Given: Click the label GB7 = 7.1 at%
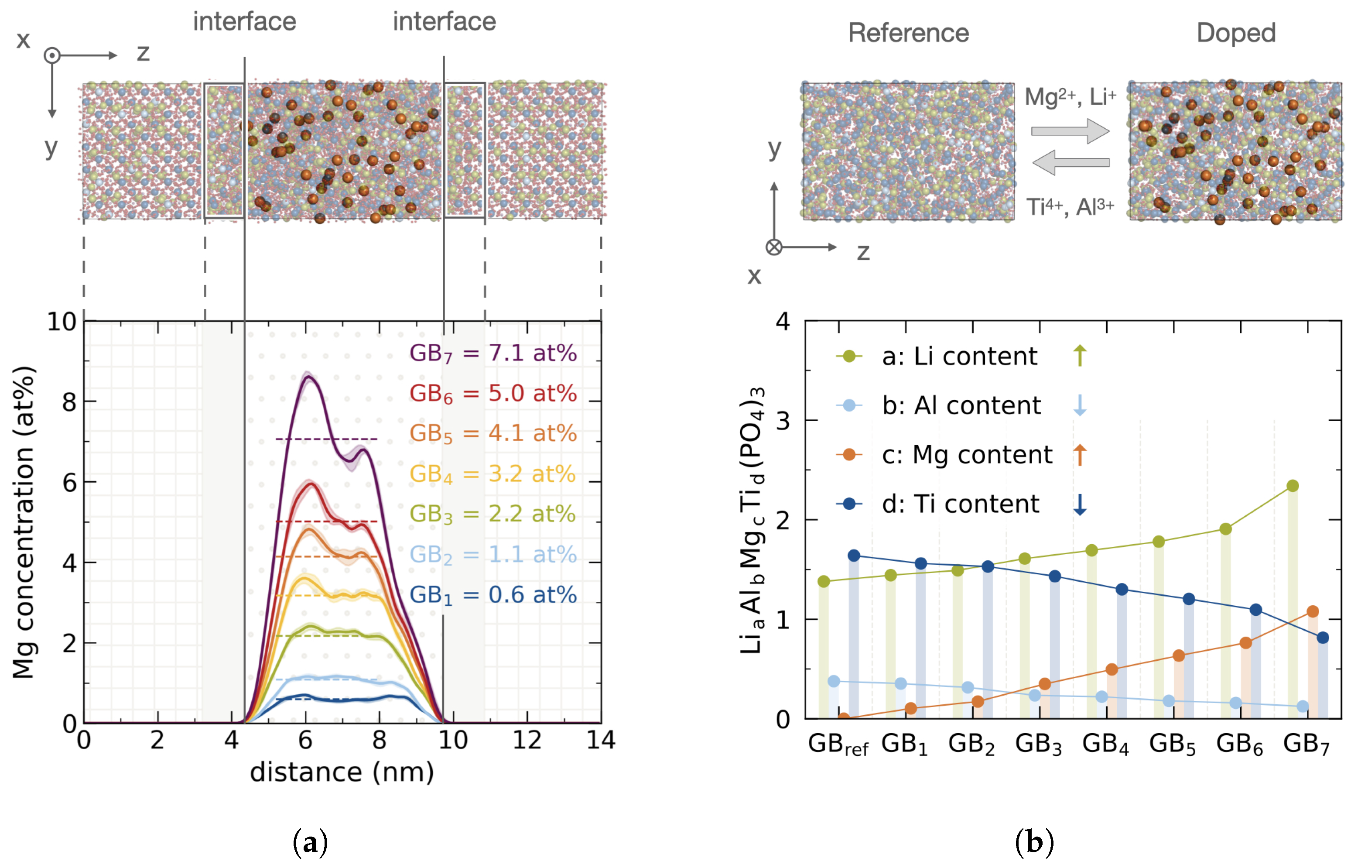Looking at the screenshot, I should (493, 353).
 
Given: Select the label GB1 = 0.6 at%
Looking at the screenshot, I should (493, 595).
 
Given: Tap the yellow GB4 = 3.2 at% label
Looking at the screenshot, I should (493, 474).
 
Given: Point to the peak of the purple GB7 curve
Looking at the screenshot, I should (307, 377).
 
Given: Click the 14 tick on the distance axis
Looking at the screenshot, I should (601, 740).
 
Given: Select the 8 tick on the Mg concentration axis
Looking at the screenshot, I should (69, 402).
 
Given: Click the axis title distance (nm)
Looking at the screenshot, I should (342, 772).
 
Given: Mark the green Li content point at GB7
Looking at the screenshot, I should (1293, 486).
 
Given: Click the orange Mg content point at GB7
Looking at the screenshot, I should (1312, 611).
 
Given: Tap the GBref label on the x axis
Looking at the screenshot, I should (837, 744).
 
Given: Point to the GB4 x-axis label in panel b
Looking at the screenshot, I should (1105, 744).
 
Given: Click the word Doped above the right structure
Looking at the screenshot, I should (1235, 33).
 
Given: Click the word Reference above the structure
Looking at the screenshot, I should (908, 33).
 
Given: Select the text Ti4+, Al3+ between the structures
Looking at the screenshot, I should (1069, 207).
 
